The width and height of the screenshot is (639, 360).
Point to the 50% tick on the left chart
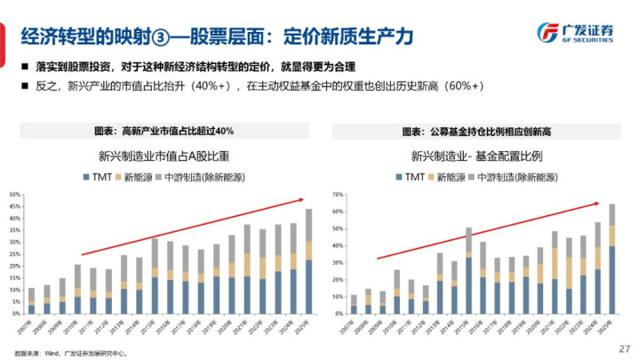pos(15,194)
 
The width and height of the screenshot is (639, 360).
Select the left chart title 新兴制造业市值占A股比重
pos(164,156)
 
